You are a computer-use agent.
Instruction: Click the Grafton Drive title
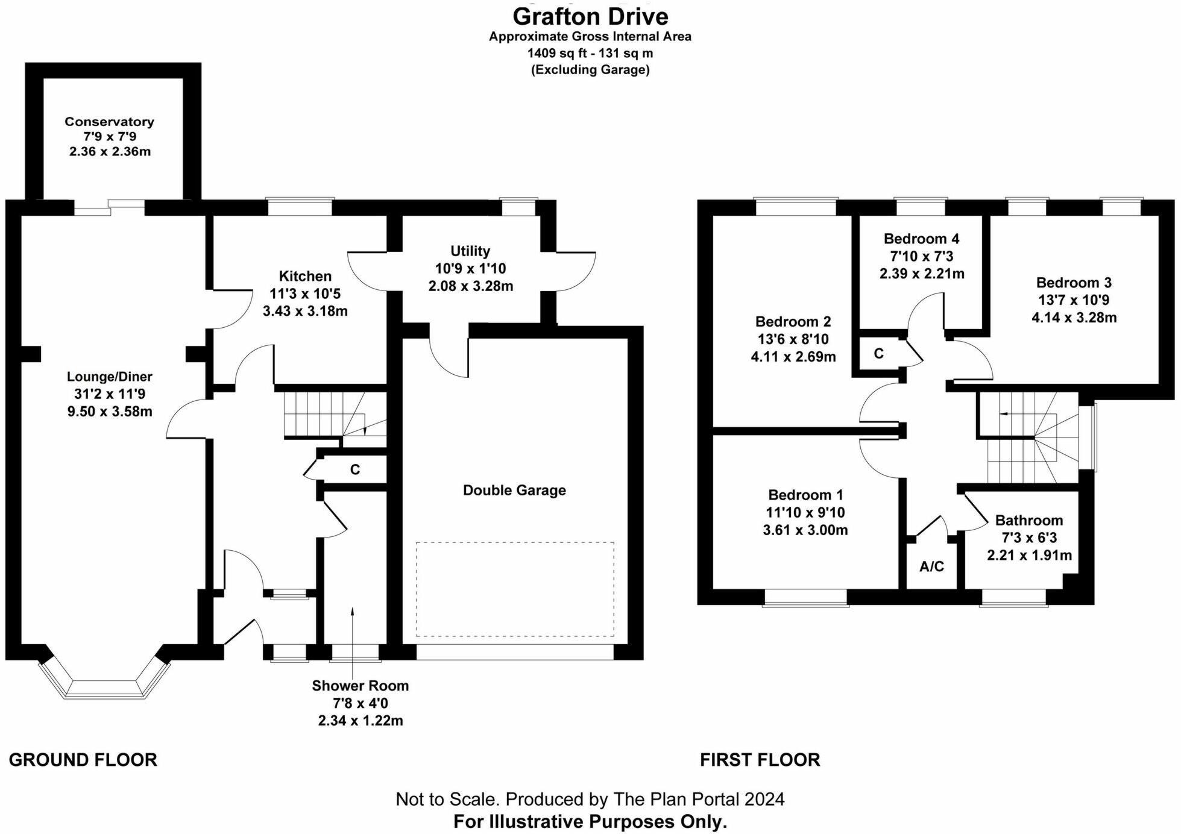pos(590,16)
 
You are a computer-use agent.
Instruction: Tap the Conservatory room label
pos(109,122)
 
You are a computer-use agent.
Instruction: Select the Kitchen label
pos(305,276)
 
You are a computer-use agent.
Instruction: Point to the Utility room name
pos(470,251)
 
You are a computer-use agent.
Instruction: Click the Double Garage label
pos(514,490)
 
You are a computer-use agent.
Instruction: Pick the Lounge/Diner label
pos(109,377)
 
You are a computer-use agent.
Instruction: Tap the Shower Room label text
pos(360,685)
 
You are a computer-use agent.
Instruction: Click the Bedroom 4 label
pos(921,239)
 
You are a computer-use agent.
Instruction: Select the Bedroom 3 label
pos(1074,282)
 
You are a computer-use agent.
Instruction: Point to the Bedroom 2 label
pos(793,321)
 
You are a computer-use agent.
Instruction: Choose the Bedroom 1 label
pos(805,495)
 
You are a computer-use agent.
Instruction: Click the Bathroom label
pos(1028,520)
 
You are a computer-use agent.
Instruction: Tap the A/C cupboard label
pos(931,566)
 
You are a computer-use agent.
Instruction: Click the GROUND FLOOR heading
pos(83,760)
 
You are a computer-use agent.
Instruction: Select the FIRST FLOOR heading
pos(760,760)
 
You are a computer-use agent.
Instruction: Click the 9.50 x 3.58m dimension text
pos(109,412)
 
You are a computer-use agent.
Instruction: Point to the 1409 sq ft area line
pos(590,53)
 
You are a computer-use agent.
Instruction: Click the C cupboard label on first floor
pos(878,354)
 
